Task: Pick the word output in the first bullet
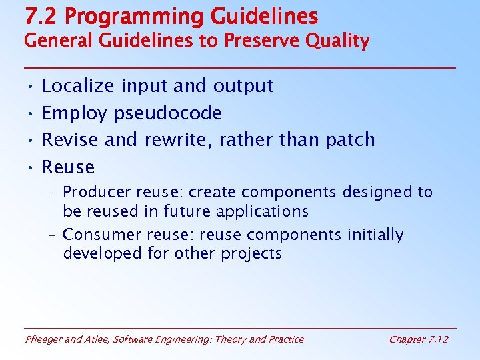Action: point(243,86)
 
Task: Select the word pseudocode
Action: point(168,113)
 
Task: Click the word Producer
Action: point(97,193)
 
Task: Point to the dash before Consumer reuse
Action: point(53,235)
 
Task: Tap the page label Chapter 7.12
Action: point(418,339)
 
